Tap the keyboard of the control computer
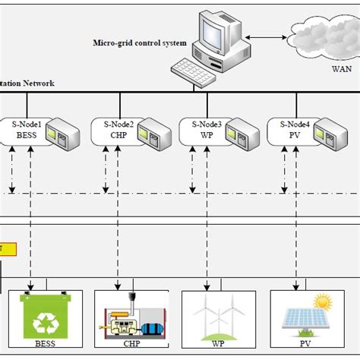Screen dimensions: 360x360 pos(196,71)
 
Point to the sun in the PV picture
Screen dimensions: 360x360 pos(324,302)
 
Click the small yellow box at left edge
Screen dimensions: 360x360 pos(2,248)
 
